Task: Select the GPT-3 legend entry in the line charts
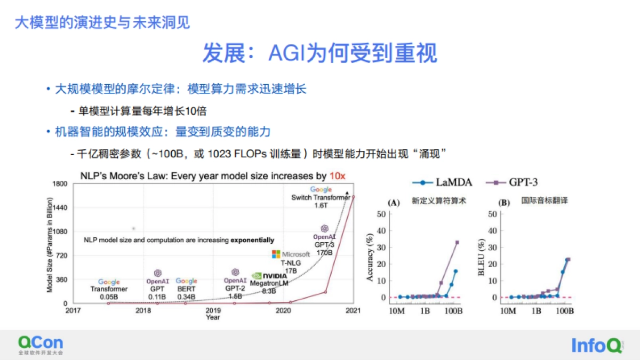click(513, 182)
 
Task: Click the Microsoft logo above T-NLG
click(291, 254)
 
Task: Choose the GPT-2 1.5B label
click(235, 292)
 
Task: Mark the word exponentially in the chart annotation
click(252, 240)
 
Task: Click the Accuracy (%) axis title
click(370, 260)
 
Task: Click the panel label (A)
click(395, 203)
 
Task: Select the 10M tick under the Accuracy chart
click(399, 311)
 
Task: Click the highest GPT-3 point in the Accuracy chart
click(457, 242)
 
